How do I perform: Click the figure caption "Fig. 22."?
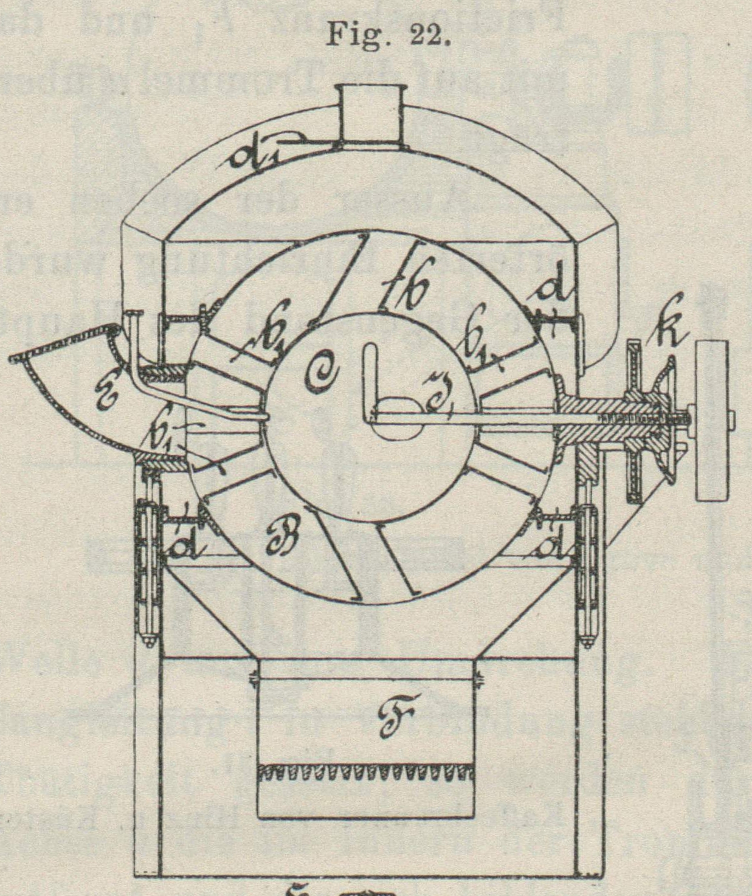(x=388, y=35)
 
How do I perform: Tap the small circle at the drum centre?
(x=398, y=417)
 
